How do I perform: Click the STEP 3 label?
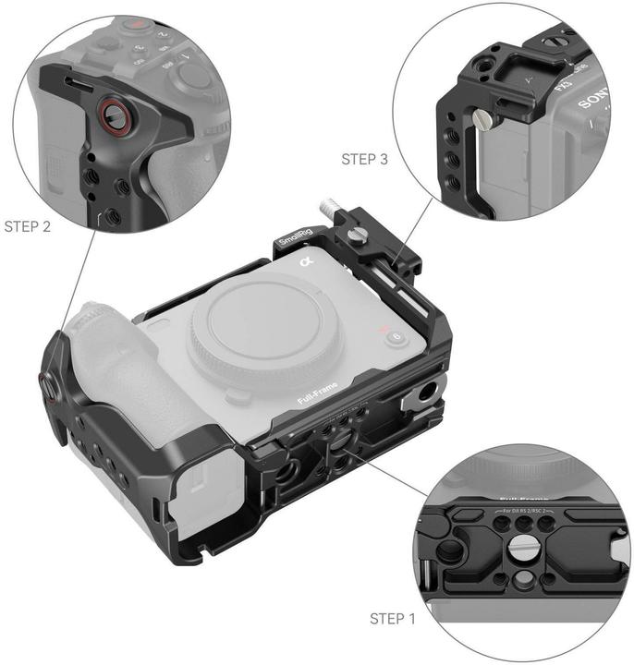(365, 160)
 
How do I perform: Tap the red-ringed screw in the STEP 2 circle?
(116, 115)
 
